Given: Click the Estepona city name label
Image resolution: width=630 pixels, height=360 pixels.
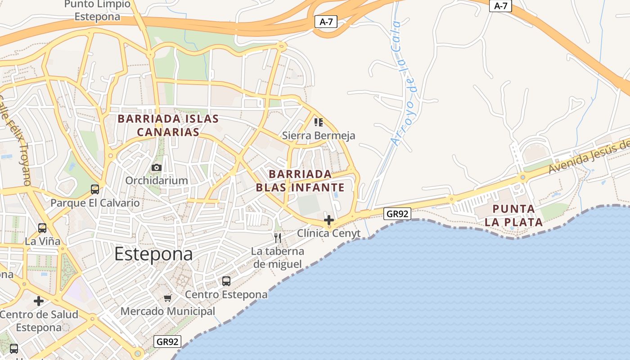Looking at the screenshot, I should click(x=153, y=254).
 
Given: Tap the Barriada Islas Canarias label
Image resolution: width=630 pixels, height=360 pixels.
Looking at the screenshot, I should click(x=168, y=126).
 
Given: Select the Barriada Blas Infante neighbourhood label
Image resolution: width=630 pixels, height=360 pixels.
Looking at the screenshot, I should click(x=300, y=181).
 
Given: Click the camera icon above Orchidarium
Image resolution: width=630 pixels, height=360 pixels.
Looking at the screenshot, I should click(x=157, y=168).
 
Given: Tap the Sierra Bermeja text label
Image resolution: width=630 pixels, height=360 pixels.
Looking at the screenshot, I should click(x=318, y=135).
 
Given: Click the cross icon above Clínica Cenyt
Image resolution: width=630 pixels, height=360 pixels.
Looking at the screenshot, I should click(x=329, y=220).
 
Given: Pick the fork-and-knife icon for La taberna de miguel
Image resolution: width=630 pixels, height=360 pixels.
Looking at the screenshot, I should click(x=278, y=237).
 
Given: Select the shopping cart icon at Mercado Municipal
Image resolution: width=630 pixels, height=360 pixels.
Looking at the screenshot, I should click(x=168, y=298).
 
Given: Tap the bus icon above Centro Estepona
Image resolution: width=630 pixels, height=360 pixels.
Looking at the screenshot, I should click(x=226, y=281).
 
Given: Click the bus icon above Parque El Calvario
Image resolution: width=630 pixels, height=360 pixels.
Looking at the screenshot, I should click(x=95, y=189).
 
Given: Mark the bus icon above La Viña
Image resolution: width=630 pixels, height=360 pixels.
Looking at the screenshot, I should click(x=42, y=228).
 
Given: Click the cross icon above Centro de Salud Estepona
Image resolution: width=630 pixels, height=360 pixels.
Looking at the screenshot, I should click(x=39, y=301).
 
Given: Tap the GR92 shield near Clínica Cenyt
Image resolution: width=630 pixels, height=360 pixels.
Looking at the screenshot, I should click(x=398, y=214).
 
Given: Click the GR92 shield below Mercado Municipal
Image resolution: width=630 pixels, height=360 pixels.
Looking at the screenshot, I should click(x=167, y=342).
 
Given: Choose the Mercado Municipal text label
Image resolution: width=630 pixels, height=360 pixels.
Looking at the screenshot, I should click(x=168, y=311).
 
